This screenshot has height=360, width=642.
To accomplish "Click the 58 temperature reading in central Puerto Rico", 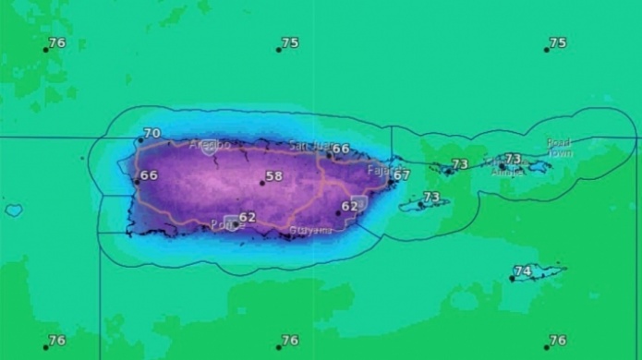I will point(274,176).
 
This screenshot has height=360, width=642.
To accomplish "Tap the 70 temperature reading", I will point(151,134).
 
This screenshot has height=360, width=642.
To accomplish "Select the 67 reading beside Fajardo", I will point(402,175).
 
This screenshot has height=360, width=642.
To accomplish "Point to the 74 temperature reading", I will point(523,270).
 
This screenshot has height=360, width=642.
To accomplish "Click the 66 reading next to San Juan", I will point(341,150).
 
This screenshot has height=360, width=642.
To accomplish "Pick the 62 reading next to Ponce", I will point(248,218).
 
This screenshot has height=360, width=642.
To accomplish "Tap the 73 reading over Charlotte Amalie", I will point(513,160).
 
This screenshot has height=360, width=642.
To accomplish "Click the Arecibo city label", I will point(209,146).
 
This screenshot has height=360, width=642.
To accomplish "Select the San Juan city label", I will point(308,145).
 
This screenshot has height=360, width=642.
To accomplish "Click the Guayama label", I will point(310,230).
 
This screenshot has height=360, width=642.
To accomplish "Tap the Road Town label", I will point(559,148).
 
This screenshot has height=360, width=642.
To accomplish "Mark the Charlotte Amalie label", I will point(505,173).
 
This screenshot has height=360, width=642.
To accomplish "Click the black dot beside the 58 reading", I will point(262,183).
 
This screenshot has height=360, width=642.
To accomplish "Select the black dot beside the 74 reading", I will point(513,278).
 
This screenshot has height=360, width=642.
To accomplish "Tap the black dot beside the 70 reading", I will point(140,141).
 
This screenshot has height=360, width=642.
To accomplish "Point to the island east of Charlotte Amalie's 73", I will point(537,167).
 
